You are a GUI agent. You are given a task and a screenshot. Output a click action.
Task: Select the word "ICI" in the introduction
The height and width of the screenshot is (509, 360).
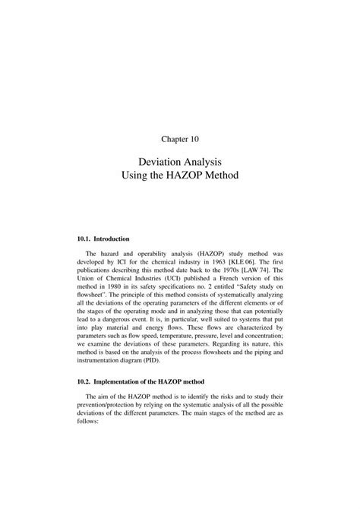(x=123, y=269)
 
